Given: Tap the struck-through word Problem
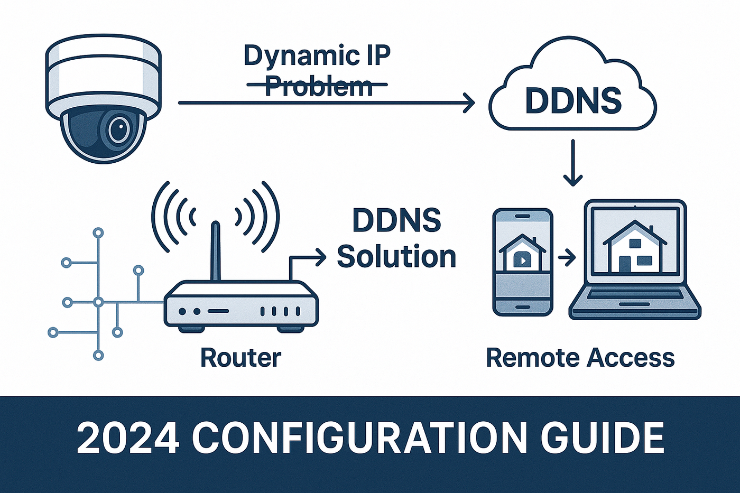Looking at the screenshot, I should (319, 86).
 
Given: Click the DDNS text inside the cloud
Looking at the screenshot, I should (573, 100).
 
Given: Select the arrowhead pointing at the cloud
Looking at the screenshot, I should (469, 103).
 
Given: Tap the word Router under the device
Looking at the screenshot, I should (240, 358).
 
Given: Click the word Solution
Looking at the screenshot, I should (396, 256).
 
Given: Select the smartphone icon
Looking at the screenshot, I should (522, 262).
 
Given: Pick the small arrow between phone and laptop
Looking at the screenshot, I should (567, 258).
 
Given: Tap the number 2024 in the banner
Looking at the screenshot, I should (127, 438).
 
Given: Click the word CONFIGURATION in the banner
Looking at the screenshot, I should (359, 438).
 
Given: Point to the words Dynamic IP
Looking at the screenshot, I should (317, 55).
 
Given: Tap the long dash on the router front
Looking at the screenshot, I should (218, 311).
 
